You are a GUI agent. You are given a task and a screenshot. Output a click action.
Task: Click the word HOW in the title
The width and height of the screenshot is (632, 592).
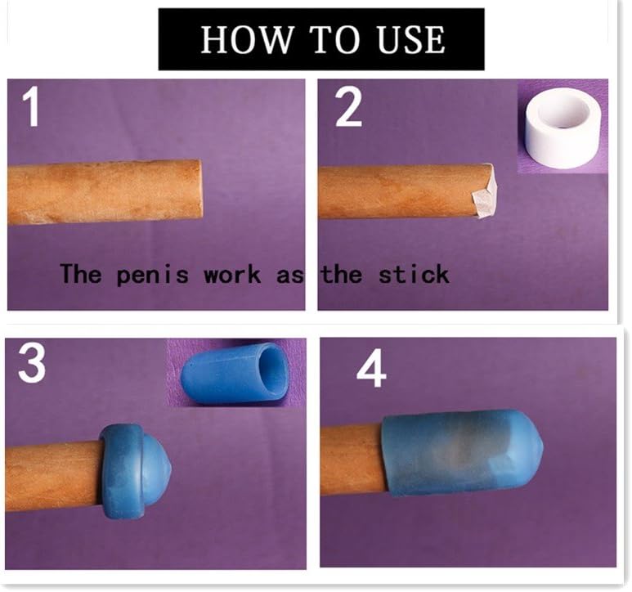click(246, 39)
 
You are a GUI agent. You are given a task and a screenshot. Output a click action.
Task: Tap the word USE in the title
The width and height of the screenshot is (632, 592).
click(411, 39)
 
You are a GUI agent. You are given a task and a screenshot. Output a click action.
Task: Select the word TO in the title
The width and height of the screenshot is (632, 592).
click(335, 39)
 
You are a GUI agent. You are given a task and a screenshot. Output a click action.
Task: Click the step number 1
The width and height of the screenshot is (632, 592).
click(31, 107)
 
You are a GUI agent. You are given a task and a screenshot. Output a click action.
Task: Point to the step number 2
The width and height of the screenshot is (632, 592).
click(348, 107)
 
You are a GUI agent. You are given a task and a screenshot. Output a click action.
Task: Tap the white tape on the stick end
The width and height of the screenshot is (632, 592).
click(485, 191)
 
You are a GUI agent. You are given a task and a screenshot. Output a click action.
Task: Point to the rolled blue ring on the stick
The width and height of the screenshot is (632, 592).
click(121, 471)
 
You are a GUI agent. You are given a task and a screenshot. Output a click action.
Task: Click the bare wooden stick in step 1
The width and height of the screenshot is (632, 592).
click(105, 192)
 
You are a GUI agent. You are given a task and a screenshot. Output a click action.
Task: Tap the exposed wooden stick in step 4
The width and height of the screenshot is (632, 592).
click(353, 460)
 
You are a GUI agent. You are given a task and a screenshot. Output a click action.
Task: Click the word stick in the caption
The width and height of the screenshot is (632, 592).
click(414, 275)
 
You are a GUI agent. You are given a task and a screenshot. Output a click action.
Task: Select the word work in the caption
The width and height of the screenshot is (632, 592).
click(231, 275)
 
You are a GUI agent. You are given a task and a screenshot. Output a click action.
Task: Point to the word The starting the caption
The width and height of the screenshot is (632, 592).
click(81, 274)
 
